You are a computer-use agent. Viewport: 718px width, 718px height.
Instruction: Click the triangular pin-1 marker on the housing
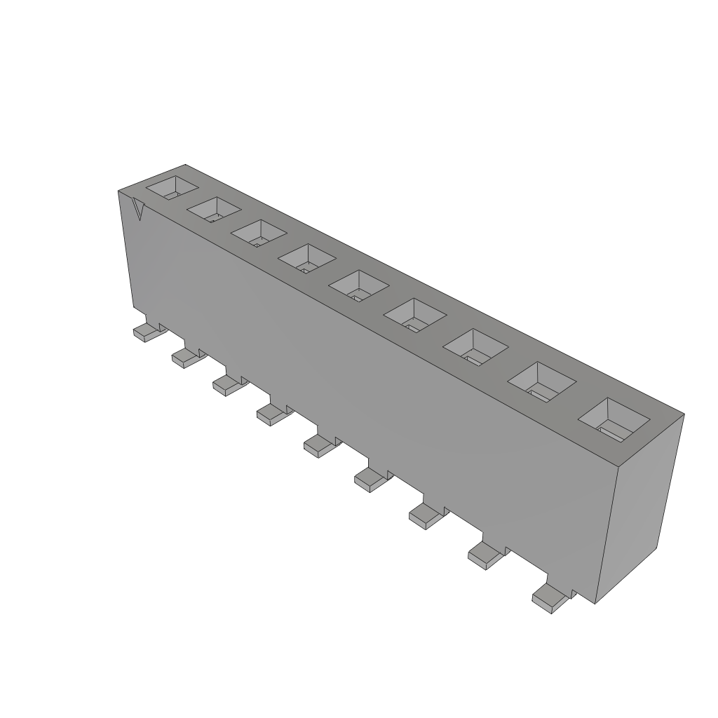(139, 210)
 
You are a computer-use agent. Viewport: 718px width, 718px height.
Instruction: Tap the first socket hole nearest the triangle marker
(172, 187)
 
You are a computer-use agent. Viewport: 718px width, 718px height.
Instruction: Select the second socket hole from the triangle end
(215, 208)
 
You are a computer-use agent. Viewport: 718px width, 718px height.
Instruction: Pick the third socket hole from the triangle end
(258, 232)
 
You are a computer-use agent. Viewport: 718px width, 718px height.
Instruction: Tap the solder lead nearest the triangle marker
(146, 332)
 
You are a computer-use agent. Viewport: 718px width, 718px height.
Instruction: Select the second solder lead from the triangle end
(185, 358)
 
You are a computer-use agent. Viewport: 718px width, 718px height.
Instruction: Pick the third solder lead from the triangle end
(227, 384)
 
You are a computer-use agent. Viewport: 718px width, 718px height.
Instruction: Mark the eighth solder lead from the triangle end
(484, 555)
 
